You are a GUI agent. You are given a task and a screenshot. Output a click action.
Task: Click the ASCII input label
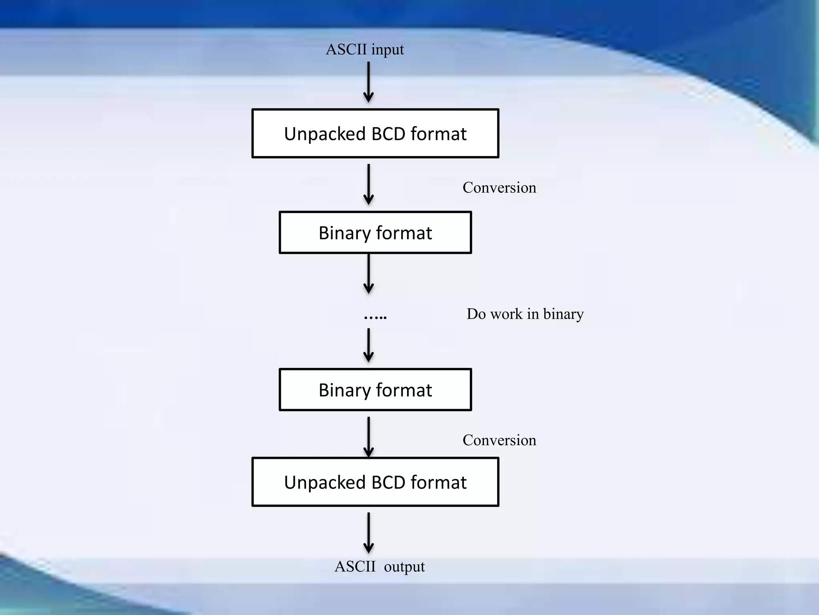365,50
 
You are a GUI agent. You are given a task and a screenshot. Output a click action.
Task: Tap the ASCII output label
380,567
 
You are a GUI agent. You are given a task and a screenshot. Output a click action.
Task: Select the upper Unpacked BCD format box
375,133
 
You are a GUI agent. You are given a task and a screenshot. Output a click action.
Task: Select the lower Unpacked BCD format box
375,482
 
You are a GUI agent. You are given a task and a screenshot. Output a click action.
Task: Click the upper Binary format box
375,233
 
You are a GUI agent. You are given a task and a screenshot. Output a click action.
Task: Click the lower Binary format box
375,390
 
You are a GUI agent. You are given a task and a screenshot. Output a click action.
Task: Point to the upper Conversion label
499,187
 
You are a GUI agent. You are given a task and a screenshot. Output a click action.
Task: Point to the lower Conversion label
499,440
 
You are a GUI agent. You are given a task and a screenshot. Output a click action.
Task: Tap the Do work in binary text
525,314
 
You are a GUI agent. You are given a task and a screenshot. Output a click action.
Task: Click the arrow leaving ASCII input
368,82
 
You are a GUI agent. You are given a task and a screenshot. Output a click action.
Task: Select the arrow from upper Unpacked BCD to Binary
368,184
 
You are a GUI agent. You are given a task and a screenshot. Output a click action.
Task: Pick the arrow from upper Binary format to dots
368,273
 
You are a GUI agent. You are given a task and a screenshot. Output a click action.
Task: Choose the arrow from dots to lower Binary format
368,345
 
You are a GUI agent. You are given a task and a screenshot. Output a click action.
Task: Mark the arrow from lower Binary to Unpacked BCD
368,436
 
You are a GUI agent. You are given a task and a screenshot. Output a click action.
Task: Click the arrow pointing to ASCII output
368,533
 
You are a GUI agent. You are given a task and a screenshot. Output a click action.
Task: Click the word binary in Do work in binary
563,314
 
